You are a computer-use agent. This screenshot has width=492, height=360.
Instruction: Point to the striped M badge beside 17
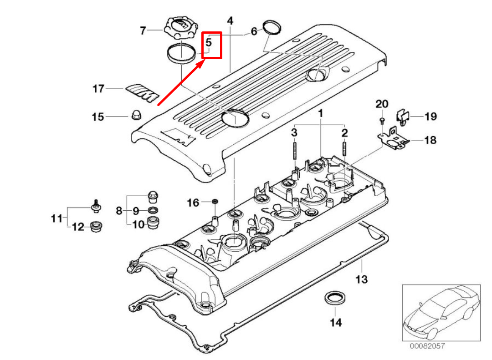coord(142,92)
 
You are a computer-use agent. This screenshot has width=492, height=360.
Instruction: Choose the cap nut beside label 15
coord(135,116)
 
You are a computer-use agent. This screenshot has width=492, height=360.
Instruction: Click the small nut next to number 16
coord(215,201)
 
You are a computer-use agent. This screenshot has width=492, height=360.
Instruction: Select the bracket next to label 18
coord(393,139)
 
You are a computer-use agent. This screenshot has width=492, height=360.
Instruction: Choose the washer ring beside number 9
coord(154,210)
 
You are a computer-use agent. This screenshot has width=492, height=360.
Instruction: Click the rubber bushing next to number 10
coord(153,223)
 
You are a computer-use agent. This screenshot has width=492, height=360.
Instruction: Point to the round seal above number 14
coord(335,297)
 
